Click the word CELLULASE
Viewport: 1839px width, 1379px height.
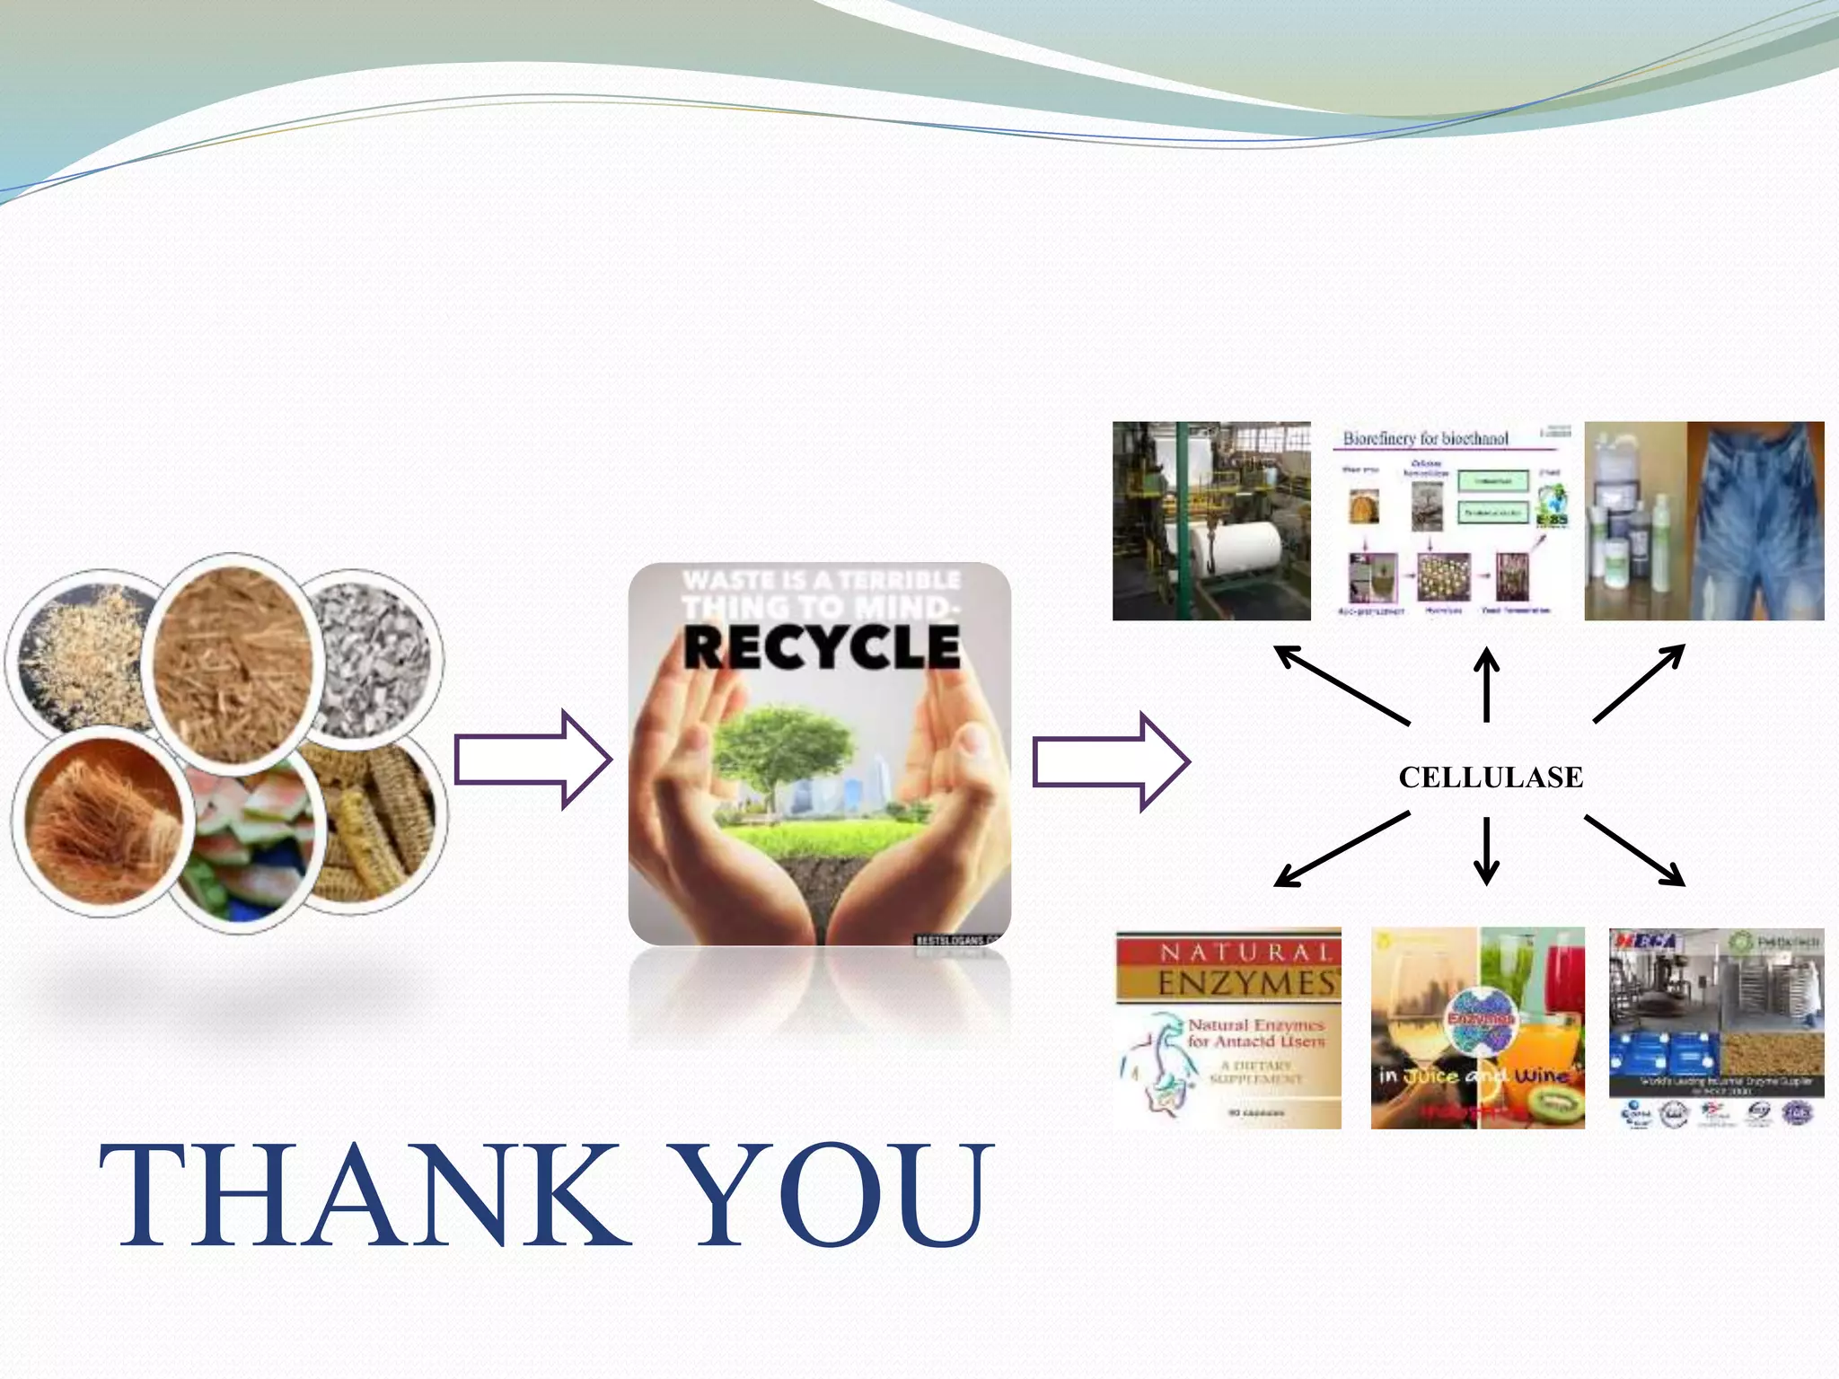point(1491,777)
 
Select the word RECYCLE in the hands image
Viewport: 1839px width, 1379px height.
point(821,647)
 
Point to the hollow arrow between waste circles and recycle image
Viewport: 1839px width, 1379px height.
point(532,760)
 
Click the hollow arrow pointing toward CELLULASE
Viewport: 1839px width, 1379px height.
point(1110,761)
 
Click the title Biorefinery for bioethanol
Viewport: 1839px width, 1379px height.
point(1425,438)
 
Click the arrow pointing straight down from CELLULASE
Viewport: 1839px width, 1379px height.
point(1486,849)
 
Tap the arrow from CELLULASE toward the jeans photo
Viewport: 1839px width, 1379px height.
point(1639,682)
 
